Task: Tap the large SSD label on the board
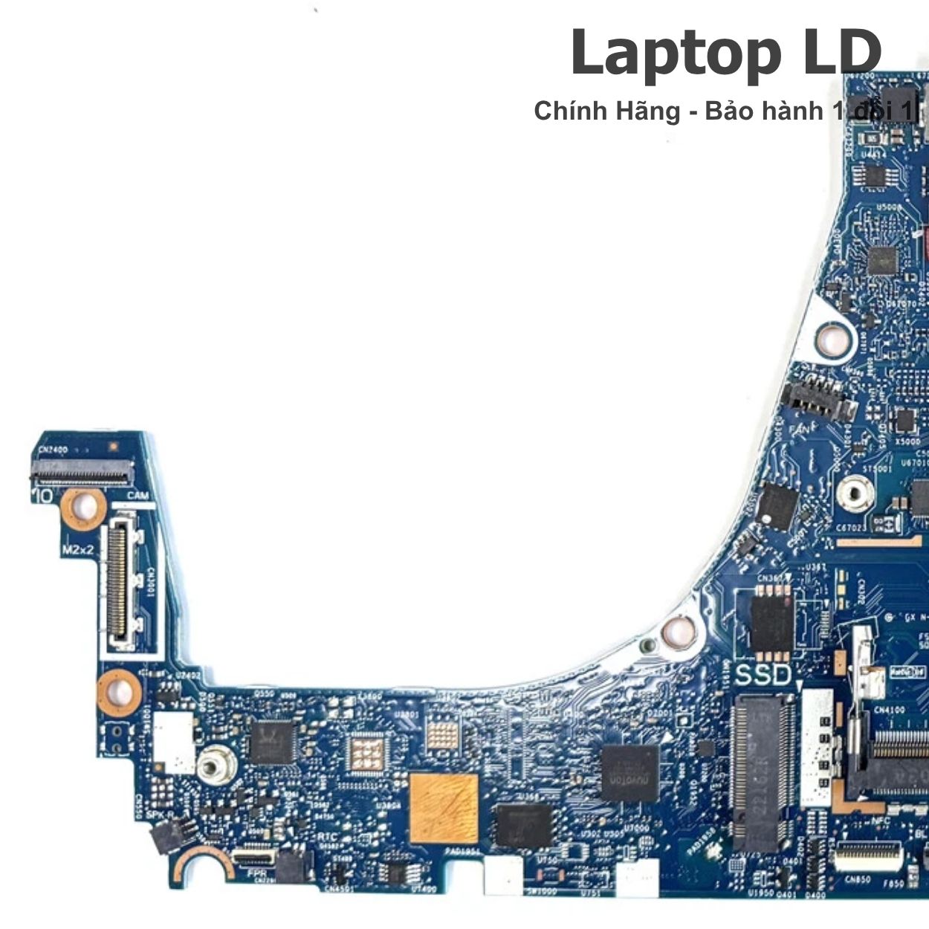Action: [763, 676]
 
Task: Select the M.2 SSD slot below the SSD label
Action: [762, 773]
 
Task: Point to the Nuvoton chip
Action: [629, 772]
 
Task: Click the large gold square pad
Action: [444, 808]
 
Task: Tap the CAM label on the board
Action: [137, 496]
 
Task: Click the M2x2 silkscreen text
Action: [77, 551]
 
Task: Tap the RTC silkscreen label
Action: [327, 838]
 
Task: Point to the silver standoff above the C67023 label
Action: [855, 492]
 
